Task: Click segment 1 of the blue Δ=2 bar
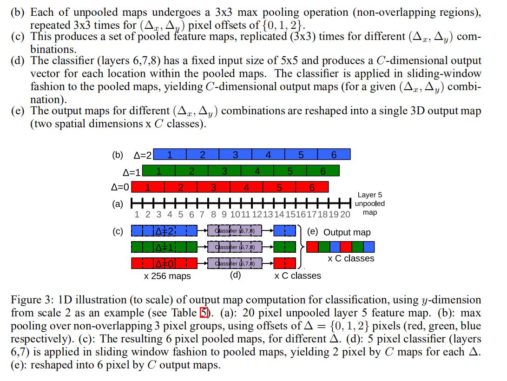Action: point(170,154)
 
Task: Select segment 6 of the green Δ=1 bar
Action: point(323,171)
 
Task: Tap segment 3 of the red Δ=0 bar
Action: point(213,187)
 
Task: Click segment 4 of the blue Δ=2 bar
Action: point(268,154)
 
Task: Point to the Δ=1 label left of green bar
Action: point(132,172)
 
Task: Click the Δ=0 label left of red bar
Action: point(120,187)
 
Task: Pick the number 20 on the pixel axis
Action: point(345,214)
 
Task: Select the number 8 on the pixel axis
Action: point(213,214)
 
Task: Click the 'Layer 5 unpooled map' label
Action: point(370,204)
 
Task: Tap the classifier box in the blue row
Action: point(234,231)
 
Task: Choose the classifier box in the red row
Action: point(234,263)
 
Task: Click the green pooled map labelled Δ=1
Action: point(164,247)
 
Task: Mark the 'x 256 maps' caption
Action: point(167,276)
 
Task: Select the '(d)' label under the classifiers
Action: point(236,275)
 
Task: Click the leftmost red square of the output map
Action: point(312,247)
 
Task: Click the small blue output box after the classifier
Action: point(284,231)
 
